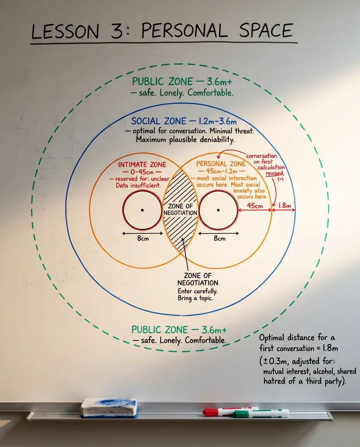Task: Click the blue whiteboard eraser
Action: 109,407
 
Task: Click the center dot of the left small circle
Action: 142,210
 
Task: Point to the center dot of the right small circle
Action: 218,210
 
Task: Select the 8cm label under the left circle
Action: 143,238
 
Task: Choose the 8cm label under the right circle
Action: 219,238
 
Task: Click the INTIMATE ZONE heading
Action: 142,165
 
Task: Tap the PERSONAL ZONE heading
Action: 221,164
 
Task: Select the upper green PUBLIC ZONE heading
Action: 163,81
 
